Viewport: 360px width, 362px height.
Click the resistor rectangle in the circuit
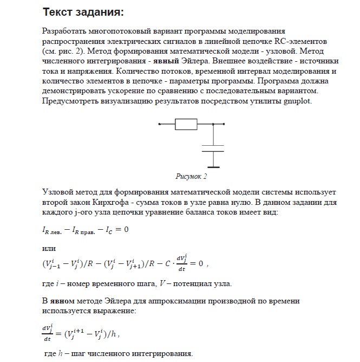(187, 124)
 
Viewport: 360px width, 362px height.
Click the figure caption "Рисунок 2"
(192, 177)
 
